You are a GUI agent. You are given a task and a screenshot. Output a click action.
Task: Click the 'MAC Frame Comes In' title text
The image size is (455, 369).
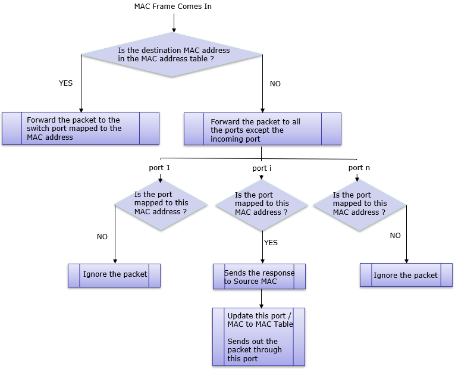pyautogui.click(x=172, y=7)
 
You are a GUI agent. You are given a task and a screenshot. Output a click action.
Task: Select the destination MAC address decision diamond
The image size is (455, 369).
pyautogui.click(x=172, y=55)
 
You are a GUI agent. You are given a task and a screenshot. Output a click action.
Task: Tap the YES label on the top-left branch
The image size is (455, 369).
pyautogui.click(x=65, y=83)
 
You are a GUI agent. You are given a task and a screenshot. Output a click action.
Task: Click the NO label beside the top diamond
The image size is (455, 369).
pyautogui.click(x=275, y=83)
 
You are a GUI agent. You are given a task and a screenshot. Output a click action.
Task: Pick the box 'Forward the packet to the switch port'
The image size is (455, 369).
pyautogui.click(x=81, y=129)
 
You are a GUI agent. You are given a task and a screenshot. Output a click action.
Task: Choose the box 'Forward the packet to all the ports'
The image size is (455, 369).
pyautogui.click(x=263, y=129)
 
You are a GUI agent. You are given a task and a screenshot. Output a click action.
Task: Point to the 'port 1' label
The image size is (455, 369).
pyautogui.click(x=159, y=167)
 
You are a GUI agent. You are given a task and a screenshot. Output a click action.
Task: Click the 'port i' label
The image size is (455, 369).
pyautogui.click(x=262, y=168)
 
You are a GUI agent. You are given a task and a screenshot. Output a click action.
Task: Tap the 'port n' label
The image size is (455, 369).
pyautogui.click(x=359, y=167)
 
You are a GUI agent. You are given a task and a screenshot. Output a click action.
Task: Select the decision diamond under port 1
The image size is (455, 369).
pyautogui.click(x=161, y=205)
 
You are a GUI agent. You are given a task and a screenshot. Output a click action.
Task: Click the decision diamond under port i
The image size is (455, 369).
pyautogui.click(x=262, y=205)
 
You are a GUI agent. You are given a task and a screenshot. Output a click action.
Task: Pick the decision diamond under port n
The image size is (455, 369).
pyautogui.click(x=359, y=205)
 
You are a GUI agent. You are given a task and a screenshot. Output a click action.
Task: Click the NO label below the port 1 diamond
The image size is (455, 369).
pyautogui.click(x=102, y=237)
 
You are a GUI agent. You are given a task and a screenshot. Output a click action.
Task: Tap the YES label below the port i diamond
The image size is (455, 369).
pyautogui.click(x=271, y=242)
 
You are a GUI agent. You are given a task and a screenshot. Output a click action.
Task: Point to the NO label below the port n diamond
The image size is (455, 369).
pyautogui.click(x=395, y=236)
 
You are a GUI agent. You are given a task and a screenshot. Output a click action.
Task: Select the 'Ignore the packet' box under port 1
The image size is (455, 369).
pyautogui.click(x=114, y=276)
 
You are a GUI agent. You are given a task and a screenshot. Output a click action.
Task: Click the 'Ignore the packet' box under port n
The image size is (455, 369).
pyautogui.click(x=406, y=275)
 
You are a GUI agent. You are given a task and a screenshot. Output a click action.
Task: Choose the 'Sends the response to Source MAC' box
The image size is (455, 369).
pyautogui.click(x=259, y=276)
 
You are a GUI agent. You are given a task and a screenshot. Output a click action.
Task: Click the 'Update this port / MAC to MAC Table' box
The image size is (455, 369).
pyautogui.click(x=259, y=337)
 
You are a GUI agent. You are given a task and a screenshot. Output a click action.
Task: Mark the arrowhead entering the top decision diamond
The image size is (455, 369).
pyautogui.click(x=174, y=30)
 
